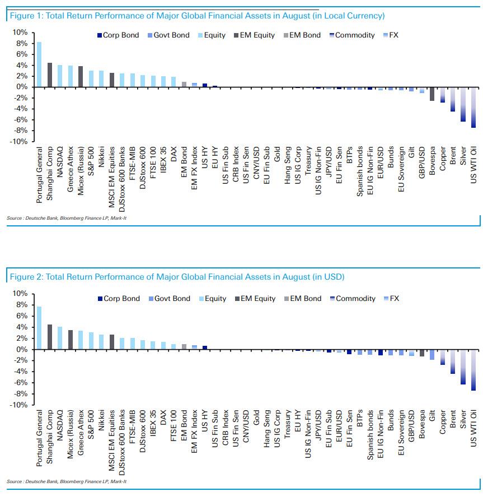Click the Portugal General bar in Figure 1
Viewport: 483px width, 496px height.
tap(39, 64)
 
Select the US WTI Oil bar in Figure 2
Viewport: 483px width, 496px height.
tap(473, 370)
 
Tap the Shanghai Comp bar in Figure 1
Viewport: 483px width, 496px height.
tap(49, 75)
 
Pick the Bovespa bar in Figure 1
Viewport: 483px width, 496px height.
tap(432, 94)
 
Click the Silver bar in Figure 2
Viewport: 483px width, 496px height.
tap(463, 367)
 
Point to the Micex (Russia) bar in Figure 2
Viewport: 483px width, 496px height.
tap(70, 340)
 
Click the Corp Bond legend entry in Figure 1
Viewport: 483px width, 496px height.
tap(119, 35)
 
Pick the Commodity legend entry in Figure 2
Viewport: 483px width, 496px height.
tap(351, 299)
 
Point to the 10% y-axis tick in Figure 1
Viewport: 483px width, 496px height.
tap(20, 33)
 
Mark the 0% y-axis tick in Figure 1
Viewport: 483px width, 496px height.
tap(21, 87)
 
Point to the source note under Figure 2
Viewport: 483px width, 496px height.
tap(67, 481)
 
